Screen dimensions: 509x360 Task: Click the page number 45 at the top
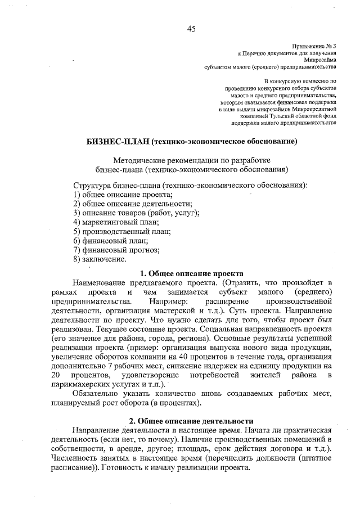[191, 30]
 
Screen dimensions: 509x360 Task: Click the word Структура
[93, 185]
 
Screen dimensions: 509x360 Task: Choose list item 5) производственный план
[122, 231]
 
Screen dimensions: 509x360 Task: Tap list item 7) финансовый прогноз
[116, 250]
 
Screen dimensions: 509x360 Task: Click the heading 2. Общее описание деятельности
[191, 421]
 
